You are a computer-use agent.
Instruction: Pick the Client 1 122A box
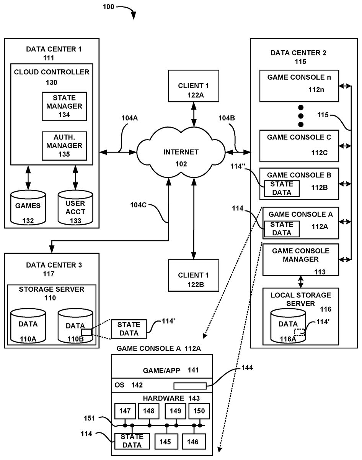point(194,91)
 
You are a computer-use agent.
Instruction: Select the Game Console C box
point(299,145)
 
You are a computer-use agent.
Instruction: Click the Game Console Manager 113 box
point(300,260)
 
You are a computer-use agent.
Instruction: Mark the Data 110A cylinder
point(28,327)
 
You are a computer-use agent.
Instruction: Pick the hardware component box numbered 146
point(193,442)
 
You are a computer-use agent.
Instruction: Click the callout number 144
point(247,367)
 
